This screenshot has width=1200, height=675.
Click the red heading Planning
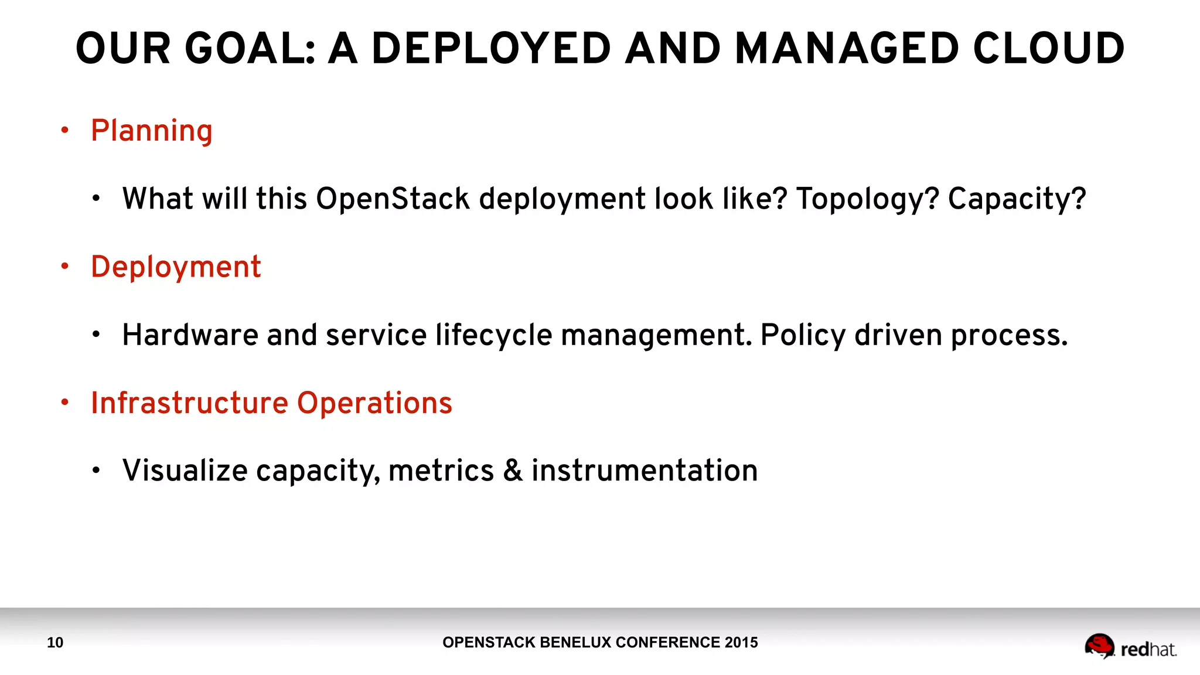[152, 131]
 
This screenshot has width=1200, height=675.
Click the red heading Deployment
[176, 267]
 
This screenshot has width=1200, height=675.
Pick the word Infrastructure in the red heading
[189, 403]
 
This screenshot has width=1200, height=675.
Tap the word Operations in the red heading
[374, 403]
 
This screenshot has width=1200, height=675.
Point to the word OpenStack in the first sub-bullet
[393, 199]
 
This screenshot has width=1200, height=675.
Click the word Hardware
[190, 335]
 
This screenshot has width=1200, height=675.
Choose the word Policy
[803, 336]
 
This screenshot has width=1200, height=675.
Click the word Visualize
[185, 471]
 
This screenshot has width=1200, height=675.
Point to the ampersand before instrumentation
[513, 471]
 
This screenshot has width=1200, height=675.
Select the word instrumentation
[645, 471]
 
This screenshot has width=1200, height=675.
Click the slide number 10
[55, 643]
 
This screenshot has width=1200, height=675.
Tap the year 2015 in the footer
[741, 643]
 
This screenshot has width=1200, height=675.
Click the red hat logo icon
[1099, 646]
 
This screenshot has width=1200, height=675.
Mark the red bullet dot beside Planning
[65, 130]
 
